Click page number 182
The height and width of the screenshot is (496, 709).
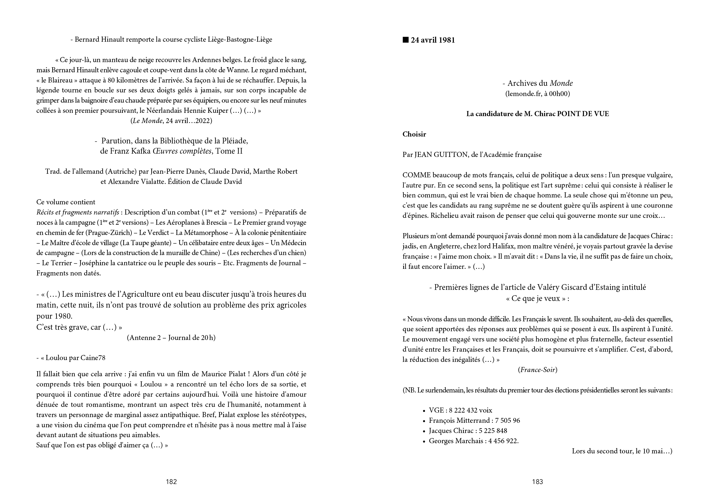coord(171,482)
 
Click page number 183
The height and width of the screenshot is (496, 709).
coord(537,482)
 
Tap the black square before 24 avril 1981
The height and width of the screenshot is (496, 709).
coord(406,40)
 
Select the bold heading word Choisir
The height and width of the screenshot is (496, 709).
coord(414,134)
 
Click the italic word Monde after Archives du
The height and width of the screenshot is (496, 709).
coord(561,83)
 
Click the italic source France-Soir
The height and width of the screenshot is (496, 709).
coord(538,370)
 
